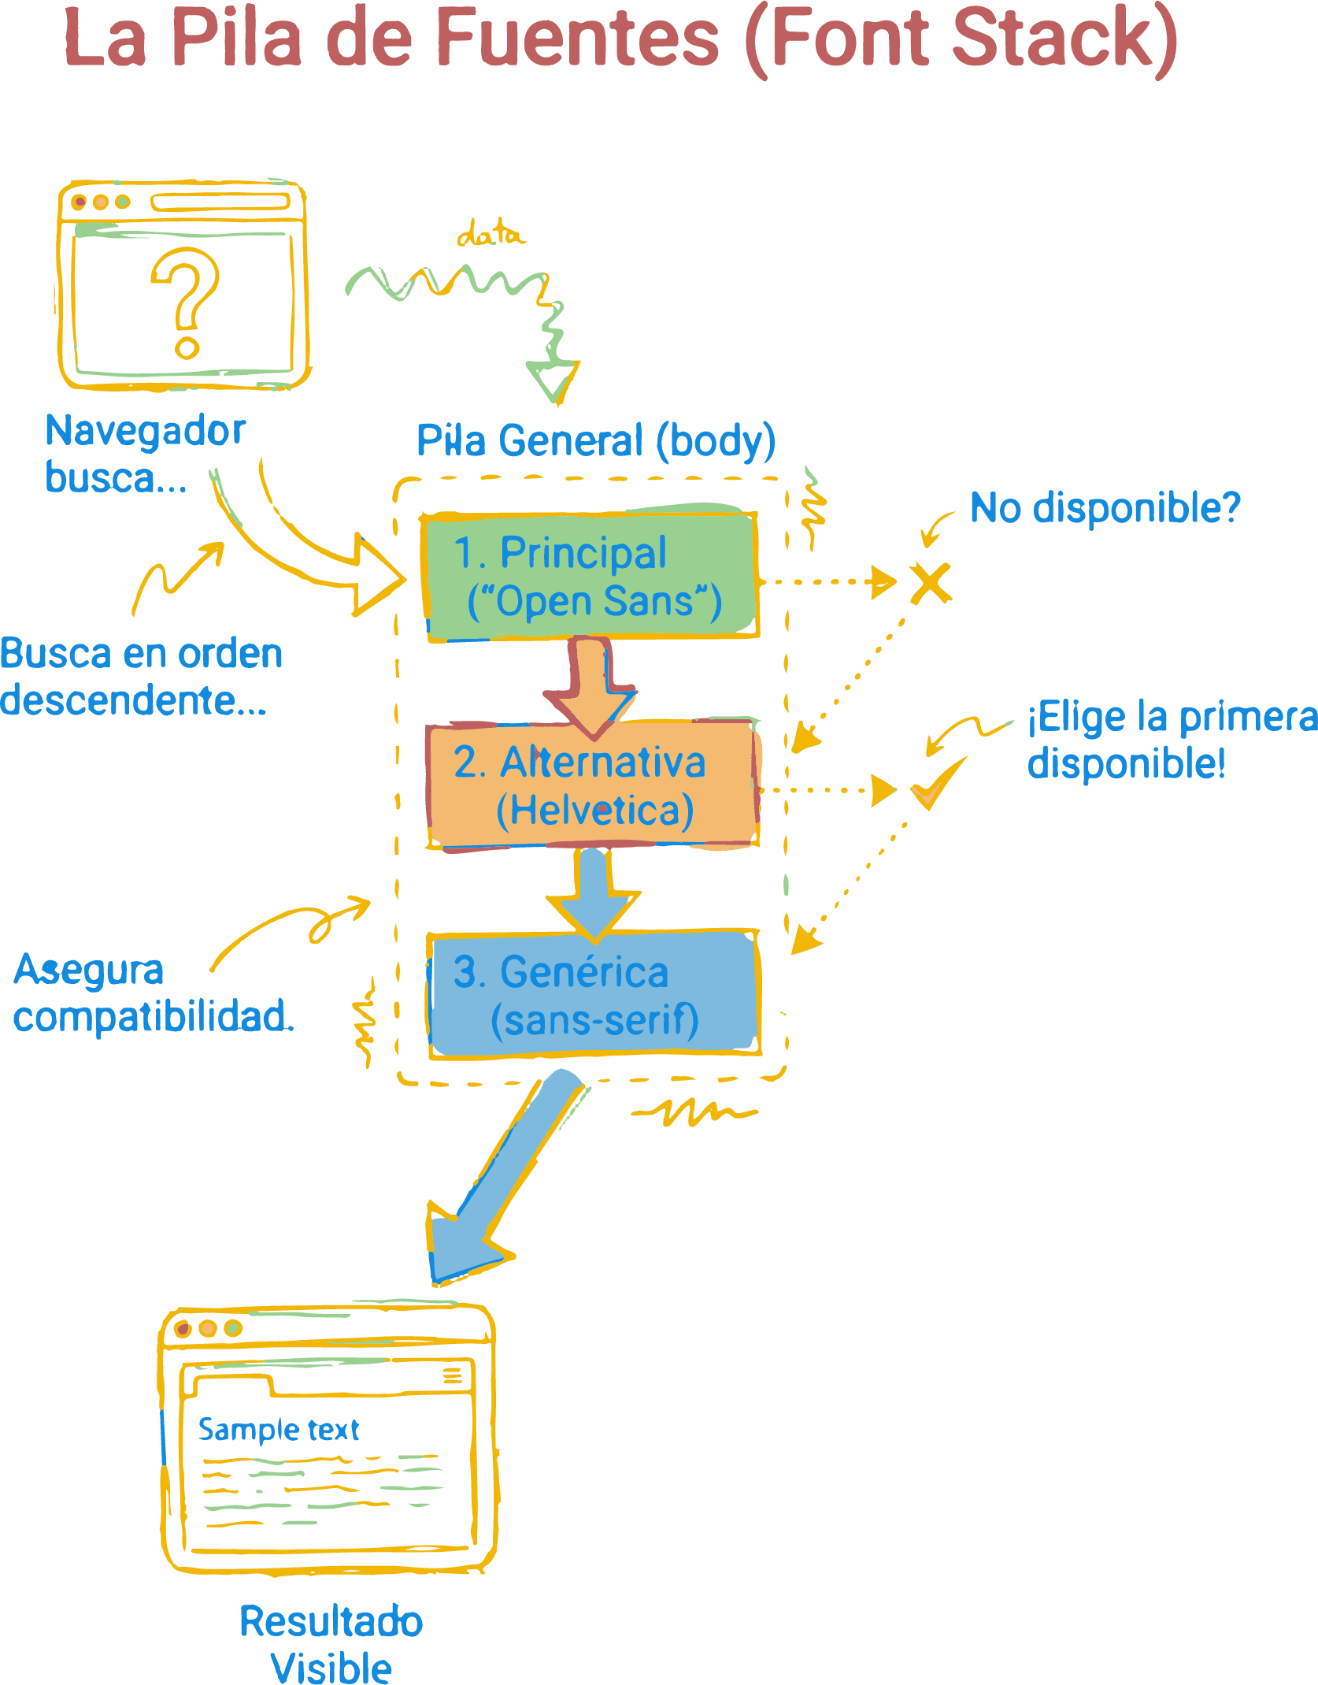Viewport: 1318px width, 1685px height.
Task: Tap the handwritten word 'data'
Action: pos(490,235)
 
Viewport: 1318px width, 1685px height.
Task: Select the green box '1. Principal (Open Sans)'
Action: pos(591,576)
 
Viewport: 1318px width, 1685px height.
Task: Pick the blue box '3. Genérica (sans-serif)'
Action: pos(594,995)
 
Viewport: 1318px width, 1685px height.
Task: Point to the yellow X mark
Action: pos(930,583)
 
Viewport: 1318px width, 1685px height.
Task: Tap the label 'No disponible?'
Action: pos(1104,507)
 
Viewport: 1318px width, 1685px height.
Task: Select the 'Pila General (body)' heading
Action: pos(595,440)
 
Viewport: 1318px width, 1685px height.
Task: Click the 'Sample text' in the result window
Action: pos(278,1429)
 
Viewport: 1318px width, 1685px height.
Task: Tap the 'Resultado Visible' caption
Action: pos(331,1643)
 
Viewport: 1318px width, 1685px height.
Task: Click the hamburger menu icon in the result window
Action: pos(452,1375)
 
